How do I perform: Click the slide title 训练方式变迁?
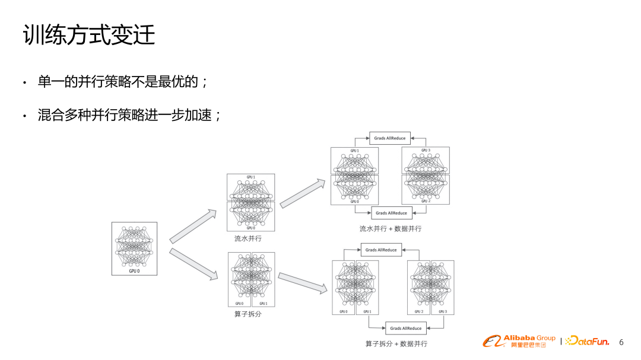pos(89,35)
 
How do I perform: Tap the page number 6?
pos(621,342)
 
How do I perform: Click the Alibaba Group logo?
pos(519,341)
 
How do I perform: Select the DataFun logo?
pos(587,341)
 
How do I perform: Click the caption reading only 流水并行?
pos(247,238)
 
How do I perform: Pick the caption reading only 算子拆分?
pos(247,314)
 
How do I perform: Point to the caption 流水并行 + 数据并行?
pos(390,228)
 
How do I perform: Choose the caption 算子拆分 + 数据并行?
pos(396,343)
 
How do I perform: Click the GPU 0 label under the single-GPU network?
pos(134,270)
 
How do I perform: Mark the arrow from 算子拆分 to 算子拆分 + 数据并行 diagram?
pos(303,282)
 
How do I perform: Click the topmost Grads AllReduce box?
pos(390,138)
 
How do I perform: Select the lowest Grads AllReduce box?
pos(406,328)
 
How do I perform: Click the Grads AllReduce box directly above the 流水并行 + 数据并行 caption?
pos(392,213)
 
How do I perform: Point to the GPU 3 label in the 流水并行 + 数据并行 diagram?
pos(425,151)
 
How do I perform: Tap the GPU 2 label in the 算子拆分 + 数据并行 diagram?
pos(418,311)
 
